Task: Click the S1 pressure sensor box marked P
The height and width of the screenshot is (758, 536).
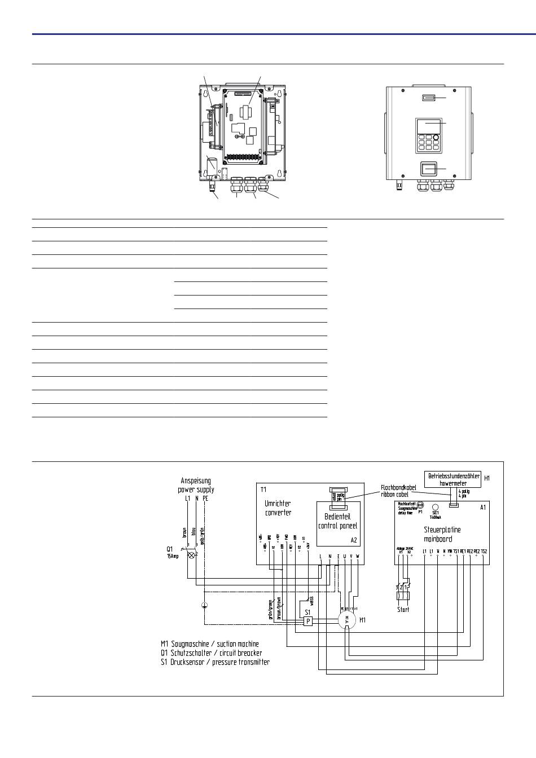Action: tap(308, 621)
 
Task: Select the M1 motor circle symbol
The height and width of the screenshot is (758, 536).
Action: tap(347, 620)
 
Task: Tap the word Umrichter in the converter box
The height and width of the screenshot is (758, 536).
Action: tap(278, 503)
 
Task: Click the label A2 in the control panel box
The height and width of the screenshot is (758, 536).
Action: tap(354, 540)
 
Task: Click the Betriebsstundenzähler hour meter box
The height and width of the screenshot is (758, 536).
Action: tap(454, 479)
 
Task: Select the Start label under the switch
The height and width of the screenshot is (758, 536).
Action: tap(403, 609)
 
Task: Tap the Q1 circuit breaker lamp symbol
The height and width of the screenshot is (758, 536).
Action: tap(191, 555)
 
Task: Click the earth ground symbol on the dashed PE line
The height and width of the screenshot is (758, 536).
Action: tap(204, 606)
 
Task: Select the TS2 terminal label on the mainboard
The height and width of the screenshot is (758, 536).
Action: tap(484, 551)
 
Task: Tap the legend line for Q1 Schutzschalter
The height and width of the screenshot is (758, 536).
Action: tap(212, 653)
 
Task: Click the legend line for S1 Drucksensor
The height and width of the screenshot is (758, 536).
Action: tap(215, 662)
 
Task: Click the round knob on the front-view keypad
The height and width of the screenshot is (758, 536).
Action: tap(437, 137)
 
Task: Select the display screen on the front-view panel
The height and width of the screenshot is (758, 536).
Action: tap(427, 125)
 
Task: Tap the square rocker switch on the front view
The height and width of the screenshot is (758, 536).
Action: tap(428, 169)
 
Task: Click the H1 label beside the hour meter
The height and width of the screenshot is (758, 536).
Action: tap(487, 478)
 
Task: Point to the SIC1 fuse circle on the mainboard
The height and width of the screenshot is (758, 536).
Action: tap(435, 507)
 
